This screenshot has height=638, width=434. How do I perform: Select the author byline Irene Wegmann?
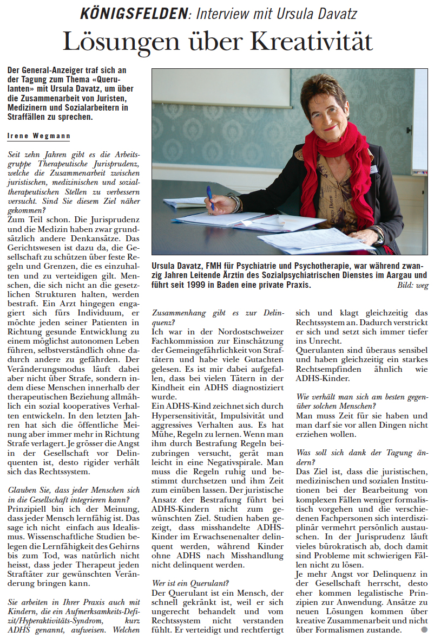(x=38, y=136)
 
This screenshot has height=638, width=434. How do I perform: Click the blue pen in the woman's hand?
(x=210, y=197)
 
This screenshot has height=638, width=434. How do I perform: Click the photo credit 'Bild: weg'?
(x=413, y=286)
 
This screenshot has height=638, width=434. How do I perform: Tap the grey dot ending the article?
(x=424, y=630)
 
